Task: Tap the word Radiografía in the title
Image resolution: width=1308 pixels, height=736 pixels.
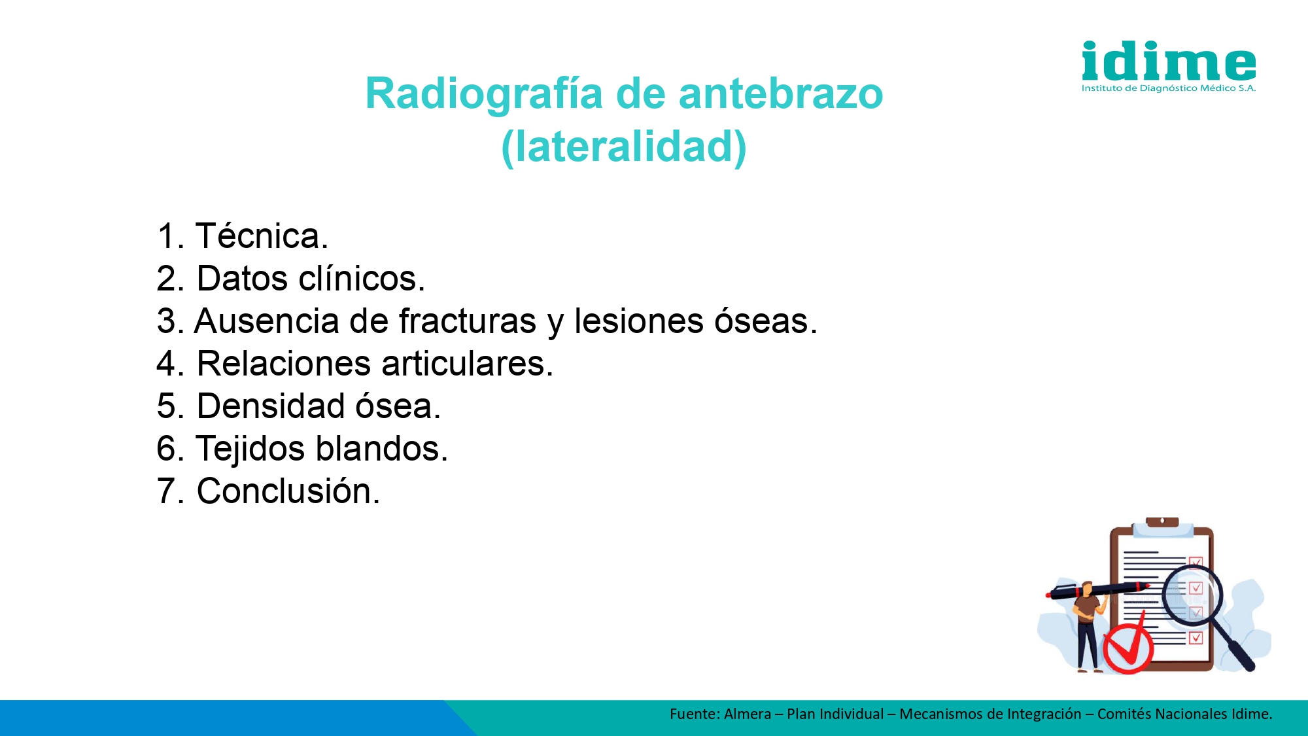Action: click(x=484, y=94)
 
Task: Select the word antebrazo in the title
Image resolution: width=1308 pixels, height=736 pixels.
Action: click(x=781, y=94)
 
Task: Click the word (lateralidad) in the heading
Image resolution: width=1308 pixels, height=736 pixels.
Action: click(x=624, y=147)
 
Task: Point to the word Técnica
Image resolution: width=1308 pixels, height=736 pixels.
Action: click(x=262, y=236)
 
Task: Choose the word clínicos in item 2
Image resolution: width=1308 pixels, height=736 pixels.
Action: click(x=362, y=278)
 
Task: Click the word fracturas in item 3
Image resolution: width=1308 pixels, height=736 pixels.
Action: click(x=468, y=321)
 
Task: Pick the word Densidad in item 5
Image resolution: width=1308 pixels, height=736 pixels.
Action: click(x=271, y=406)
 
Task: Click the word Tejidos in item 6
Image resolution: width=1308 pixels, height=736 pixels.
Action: click(x=250, y=449)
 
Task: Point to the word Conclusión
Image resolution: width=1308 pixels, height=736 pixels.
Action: click(x=288, y=491)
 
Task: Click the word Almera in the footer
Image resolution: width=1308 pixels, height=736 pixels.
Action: click(x=748, y=714)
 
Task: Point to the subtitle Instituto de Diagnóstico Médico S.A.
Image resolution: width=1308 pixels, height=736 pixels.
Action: click(x=1169, y=88)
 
